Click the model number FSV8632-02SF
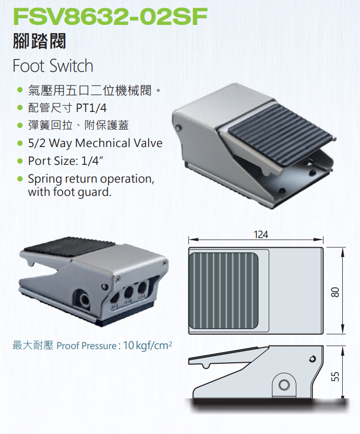coord(109,16)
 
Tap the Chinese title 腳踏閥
coord(39,41)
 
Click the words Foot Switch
coord(52,66)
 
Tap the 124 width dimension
coord(260,235)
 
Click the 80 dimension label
coord(335,292)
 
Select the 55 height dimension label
coord(335,376)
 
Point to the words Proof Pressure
coord(87,346)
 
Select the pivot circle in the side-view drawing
coord(284,385)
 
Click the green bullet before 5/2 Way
coord(20,143)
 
